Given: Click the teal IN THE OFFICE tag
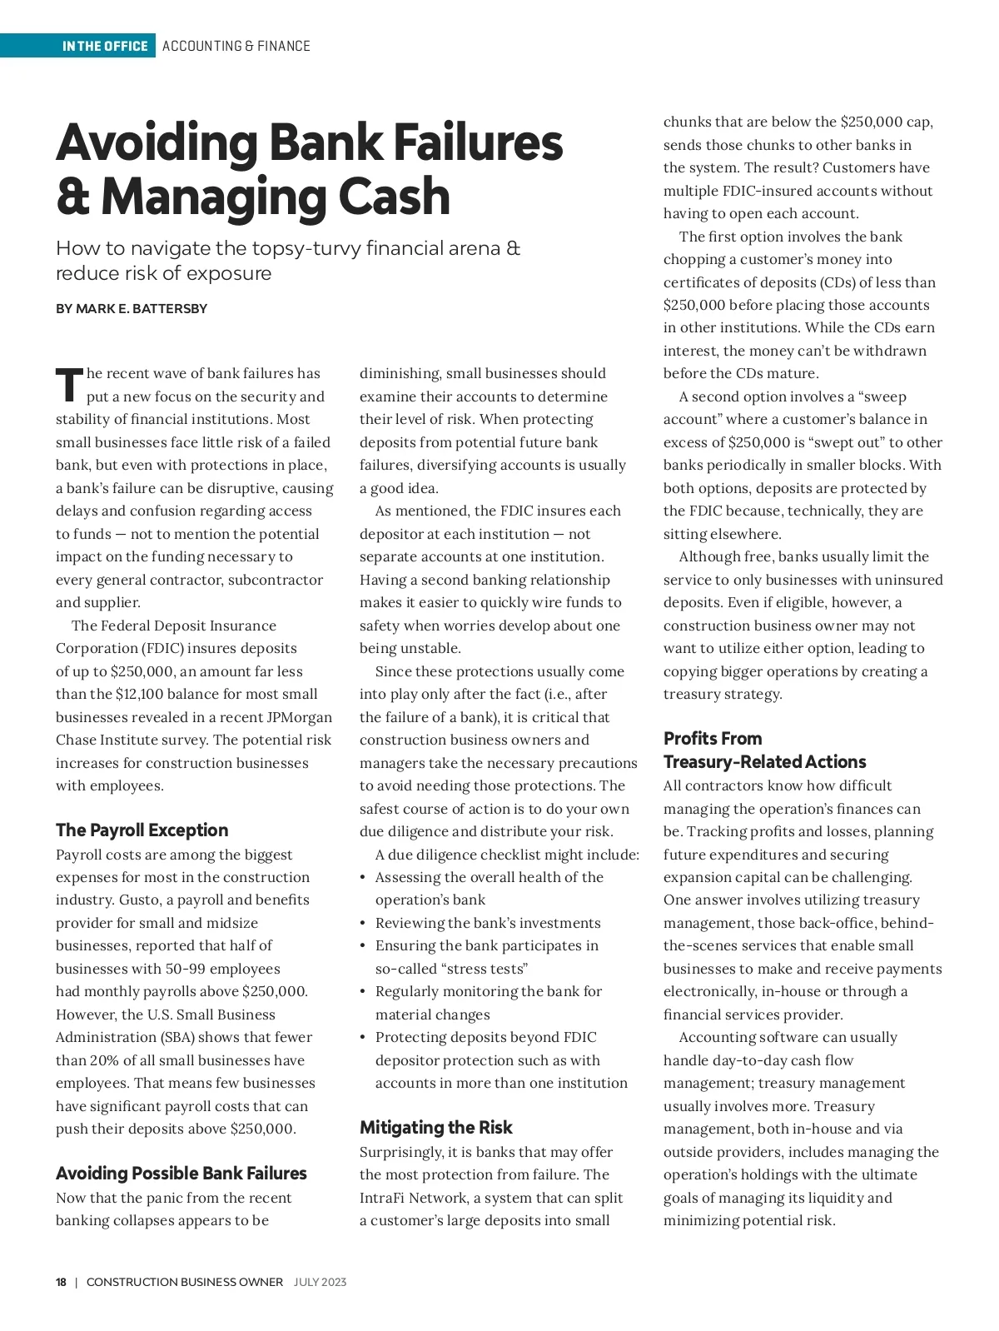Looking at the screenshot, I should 105,46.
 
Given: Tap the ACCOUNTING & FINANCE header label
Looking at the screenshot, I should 236,46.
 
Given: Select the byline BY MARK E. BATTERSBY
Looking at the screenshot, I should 132,309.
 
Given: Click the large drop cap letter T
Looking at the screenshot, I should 70,385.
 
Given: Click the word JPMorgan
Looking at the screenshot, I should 299,717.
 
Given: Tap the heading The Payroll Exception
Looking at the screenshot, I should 142,830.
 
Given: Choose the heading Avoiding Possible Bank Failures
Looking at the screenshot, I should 181,1173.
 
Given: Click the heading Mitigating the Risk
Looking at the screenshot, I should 435,1127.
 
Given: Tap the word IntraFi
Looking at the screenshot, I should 384,1198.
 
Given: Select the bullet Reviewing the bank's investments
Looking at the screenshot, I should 487,923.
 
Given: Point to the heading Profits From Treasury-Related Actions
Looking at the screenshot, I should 764,750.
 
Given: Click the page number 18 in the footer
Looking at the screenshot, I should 62,1282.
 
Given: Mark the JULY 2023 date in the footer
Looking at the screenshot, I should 320,1282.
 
